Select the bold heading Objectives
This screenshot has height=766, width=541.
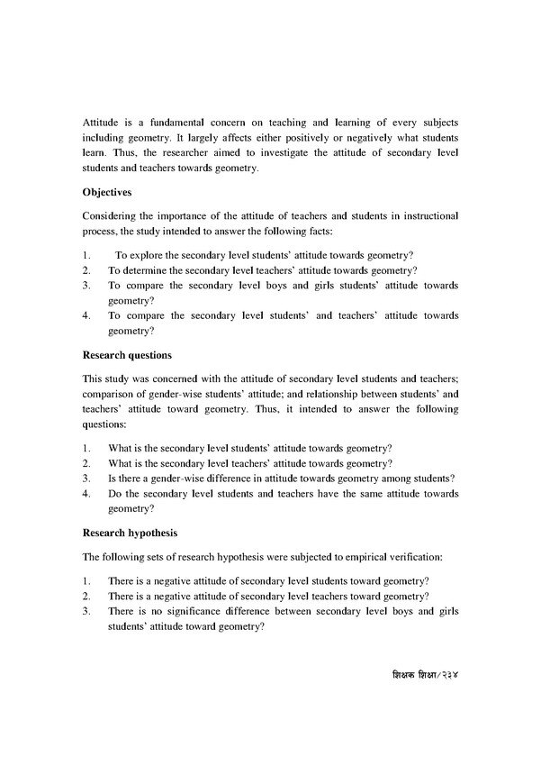coord(110,192)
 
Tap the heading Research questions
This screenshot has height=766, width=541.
coord(127,354)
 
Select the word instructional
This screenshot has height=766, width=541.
coord(427,217)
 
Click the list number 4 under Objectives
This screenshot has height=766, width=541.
coord(86,316)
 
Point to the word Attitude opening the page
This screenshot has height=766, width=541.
coord(101,120)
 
